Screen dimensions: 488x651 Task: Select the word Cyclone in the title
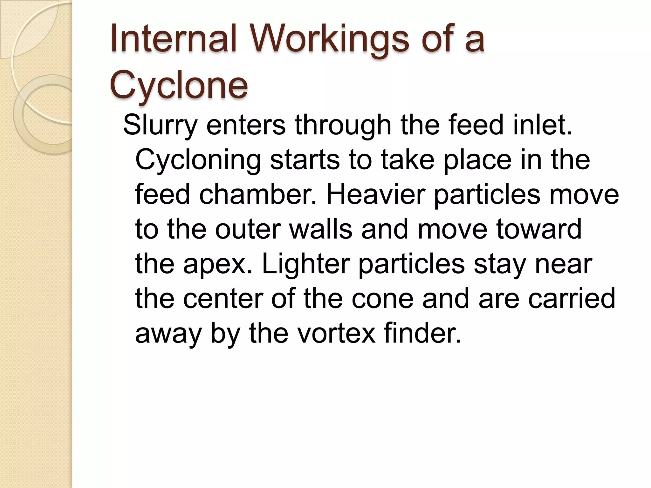tap(179, 85)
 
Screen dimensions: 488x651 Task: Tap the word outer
tap(248, 229)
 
